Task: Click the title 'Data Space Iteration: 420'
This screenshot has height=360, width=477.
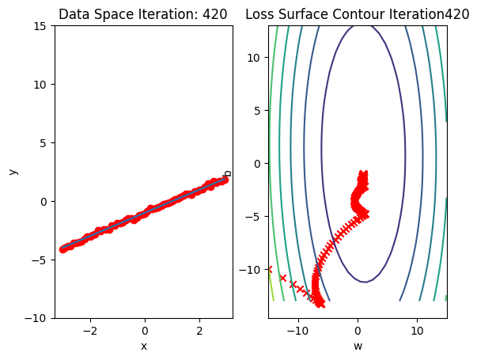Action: pos(143,13)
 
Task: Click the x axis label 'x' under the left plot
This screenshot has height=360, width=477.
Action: pos(144,346)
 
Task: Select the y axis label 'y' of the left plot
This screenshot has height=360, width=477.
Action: pos(13,172)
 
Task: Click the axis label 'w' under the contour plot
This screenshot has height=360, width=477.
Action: pos(358,346)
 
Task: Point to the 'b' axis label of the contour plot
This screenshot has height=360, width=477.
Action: pos(228,172)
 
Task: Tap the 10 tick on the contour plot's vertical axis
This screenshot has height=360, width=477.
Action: pos(256,58)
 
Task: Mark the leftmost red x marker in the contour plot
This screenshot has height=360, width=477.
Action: pos(269,269)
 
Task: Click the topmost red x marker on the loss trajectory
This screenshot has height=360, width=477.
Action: pos(363,173)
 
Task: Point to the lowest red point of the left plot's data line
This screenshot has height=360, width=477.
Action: pos(63,249)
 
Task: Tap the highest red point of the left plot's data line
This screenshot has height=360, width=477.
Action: pos(225,180)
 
